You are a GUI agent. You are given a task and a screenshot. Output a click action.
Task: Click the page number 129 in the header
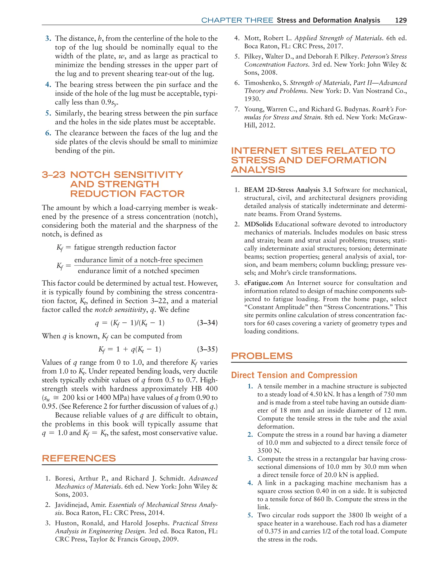401,20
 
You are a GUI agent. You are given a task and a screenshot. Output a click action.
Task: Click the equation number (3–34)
207,323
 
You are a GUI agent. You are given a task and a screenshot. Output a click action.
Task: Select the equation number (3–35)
207,349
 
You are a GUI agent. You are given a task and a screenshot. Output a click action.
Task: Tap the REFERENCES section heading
79,458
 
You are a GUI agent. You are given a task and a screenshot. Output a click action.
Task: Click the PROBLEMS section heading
262,356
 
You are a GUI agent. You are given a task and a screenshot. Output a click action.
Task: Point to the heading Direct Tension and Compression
294,375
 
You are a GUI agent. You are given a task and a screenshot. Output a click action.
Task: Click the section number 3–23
53,175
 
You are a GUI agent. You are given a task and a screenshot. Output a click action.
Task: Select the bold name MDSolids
258,224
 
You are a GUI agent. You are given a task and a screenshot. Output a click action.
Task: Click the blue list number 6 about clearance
48,133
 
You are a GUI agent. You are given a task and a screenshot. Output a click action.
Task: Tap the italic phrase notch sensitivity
120,310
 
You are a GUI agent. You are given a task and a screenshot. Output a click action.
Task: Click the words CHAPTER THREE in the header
237,20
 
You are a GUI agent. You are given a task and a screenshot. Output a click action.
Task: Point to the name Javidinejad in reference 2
73,505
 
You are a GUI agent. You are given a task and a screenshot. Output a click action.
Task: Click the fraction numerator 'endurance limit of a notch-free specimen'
139,260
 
